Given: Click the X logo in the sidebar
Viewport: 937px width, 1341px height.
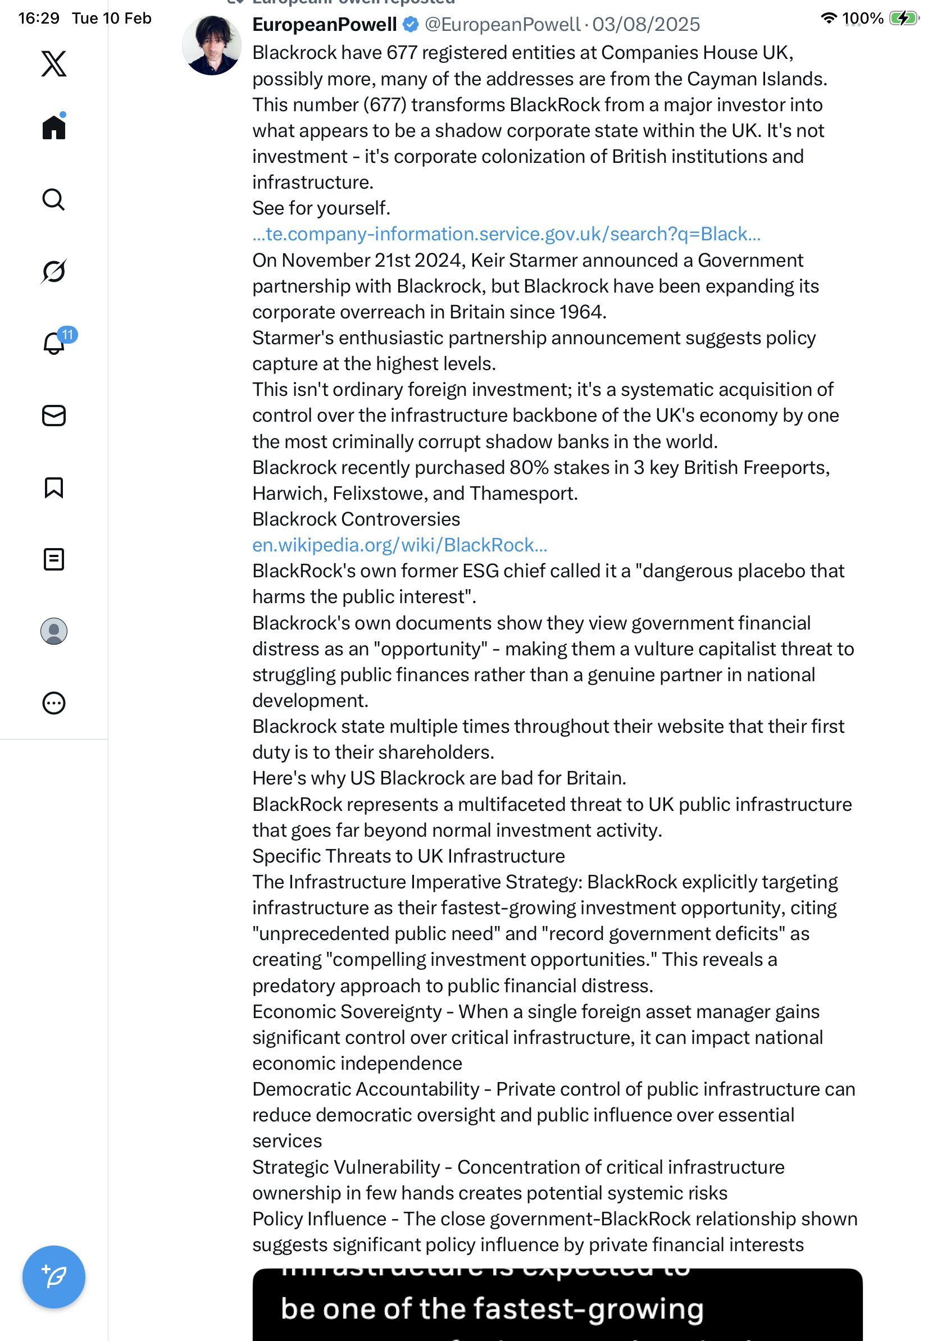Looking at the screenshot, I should tap(54, 63).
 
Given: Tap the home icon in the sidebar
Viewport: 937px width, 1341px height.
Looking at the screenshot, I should tap(54, 127).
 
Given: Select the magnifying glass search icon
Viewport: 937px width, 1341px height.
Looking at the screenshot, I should tap(54, 200).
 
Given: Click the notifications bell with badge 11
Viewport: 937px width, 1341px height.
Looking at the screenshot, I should tap(54, 343).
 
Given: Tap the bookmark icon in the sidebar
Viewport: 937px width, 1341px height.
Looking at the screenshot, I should tap(54, 487).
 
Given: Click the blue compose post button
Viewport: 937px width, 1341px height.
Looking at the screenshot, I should tap(54, 1277).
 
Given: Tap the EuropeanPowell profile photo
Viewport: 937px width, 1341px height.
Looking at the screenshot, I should tap(211, 45).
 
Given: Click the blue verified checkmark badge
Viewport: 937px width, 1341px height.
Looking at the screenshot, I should tap(411, 25).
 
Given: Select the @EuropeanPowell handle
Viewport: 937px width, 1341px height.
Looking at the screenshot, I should tap(502, 25).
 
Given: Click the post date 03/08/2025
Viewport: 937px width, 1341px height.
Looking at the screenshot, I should tap(646, 25).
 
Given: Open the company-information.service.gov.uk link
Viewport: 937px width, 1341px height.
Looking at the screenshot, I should tap(507, 234).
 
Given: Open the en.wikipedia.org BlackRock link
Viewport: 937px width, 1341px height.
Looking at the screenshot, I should tap(399, 545).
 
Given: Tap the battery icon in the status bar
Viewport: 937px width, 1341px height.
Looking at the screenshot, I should tap(903, 18).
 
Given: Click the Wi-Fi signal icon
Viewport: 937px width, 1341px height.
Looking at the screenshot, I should tap(829, 18).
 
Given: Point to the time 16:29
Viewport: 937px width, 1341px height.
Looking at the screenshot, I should tap(39, 18).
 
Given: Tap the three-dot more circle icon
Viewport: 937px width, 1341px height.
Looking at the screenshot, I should tap(54, 703).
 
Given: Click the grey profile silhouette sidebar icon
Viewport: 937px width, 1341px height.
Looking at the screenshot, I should tap(54, 631).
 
